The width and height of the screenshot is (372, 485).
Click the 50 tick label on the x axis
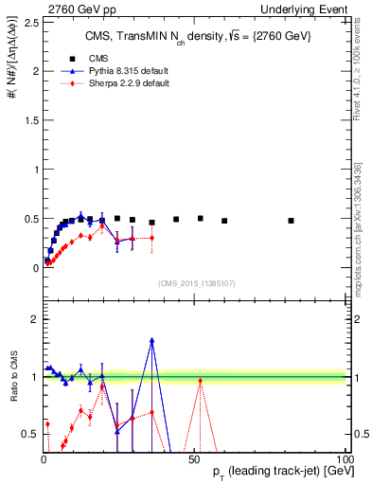pyautogui.click(x=193, y=458)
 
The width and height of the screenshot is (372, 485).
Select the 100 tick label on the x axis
pyautogui.click(x=342, y=458)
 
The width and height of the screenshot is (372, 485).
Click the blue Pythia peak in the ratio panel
pyautogui.click(x=151, y=340)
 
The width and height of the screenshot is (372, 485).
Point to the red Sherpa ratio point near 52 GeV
pyautogui.click(x=200, y=381)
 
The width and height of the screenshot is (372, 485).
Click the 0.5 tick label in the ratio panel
pyautogui.click(x=27, y=434)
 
